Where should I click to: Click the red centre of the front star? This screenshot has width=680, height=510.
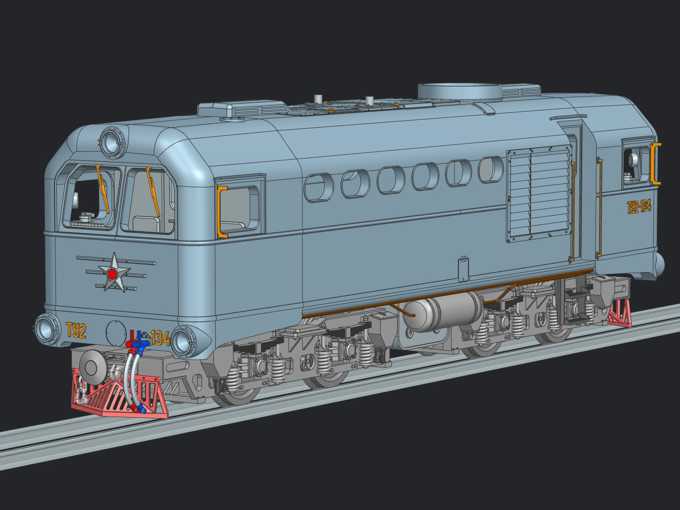pos(112,274)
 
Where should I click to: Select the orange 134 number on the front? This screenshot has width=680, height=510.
pos(160,338)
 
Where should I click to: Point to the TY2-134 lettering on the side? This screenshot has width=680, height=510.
pos(639,207)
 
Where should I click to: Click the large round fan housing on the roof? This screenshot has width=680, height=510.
pos(460,92)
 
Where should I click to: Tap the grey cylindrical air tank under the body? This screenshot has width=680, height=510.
pos(443,312)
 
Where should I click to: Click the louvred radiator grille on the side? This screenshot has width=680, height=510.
pos(538,193)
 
